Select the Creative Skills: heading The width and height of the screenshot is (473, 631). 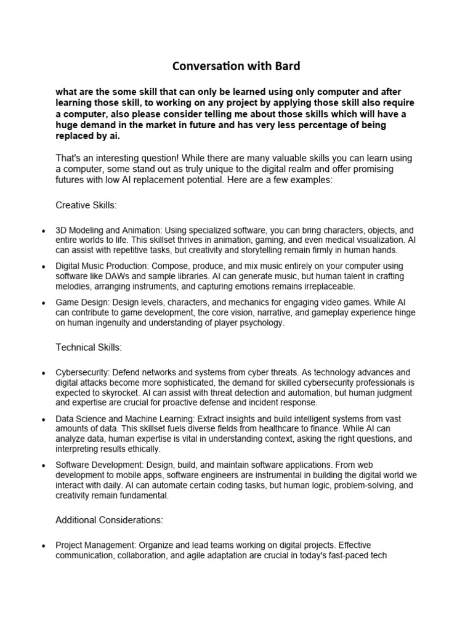[x=86, y=205]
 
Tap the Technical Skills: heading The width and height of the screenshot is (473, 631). [x=89, y=348]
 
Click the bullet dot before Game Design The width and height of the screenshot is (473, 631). [x=42, y=304]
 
